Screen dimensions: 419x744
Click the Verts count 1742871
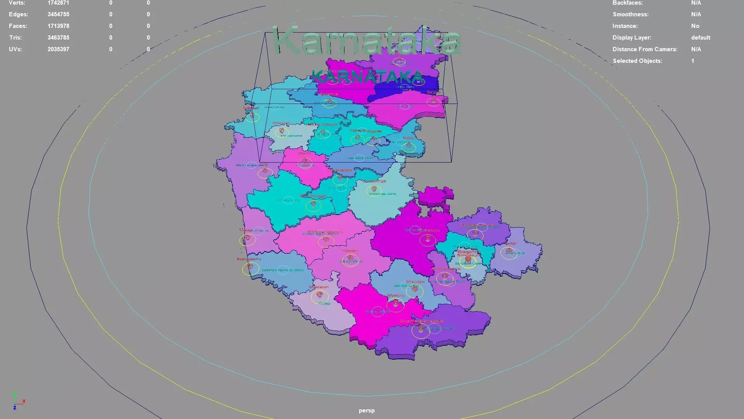pos(58,3)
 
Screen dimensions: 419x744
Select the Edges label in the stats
pos(19,14)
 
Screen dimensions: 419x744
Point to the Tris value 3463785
pos(58,38)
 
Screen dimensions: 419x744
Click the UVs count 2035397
pos(58,49)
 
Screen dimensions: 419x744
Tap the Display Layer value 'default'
pos(700,38)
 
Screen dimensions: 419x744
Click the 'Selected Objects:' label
pos(637,61)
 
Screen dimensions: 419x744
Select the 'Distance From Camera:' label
pos(644,49)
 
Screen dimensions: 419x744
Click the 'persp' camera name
pos(366,410)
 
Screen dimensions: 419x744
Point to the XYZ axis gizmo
pos(17,401)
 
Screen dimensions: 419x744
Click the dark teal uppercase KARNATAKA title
pos(367,77)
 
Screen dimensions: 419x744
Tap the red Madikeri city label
pos(319,287)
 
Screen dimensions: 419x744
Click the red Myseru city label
pos(396,296)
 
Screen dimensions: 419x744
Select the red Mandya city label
pos(415,282)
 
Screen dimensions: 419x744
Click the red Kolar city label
pos(510,244)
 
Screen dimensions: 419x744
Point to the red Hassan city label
pos(350,251)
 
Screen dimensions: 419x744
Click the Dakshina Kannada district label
pos(282,270)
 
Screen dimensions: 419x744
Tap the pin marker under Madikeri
pos(320,295)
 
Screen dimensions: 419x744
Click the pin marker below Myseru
pos(396,304)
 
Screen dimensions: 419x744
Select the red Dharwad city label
pos(281,123)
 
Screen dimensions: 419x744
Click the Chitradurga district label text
pos(382,194)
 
